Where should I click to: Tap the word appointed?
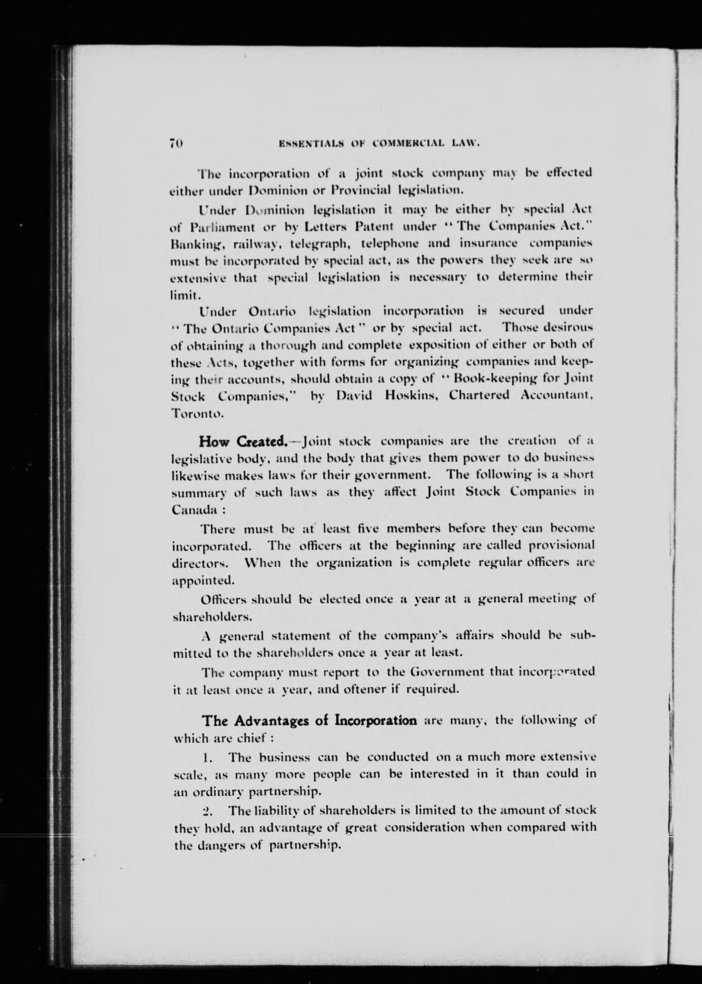[x=202, y=581]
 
